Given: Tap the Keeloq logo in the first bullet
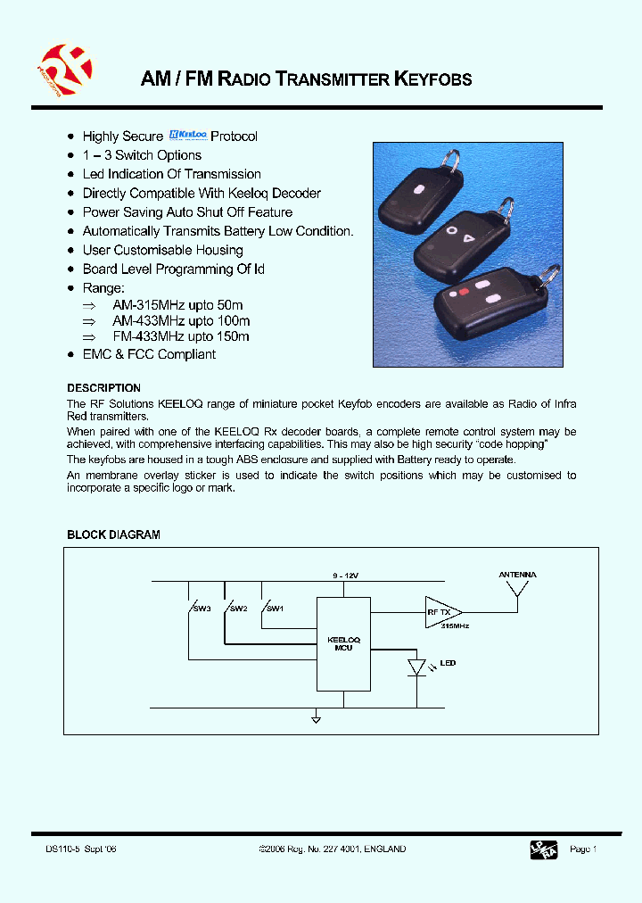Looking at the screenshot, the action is pyautogui.click(x=187, y=136).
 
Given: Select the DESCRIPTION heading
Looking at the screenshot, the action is pyautogui.click(x=103, y=388).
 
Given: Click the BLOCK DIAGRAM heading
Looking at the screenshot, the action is pyautogui.click(x=113, y=534).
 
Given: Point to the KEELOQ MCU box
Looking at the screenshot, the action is pyautogui.click(x=343, y=643).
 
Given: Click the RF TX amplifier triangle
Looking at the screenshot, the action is pyautogui.click(x=442, y=613).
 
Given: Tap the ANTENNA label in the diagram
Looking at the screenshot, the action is pyautogui.click(x=517, y=576).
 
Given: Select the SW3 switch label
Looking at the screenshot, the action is pyautogui.click(x=202, y=609).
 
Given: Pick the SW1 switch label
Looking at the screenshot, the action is pyautogui.click(x=275, y=609).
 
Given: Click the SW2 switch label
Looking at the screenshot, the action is pyautogui.click(x=238, y=609).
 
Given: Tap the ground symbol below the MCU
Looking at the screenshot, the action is pyautogui.click(x=316, y=717).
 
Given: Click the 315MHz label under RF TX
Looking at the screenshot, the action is pyautogui.click(x=455, y=627).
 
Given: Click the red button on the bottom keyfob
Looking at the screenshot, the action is pyautogui.click(x=463, y=292).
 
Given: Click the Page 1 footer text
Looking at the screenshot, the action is pyautogui.click(x=582, y=849).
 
